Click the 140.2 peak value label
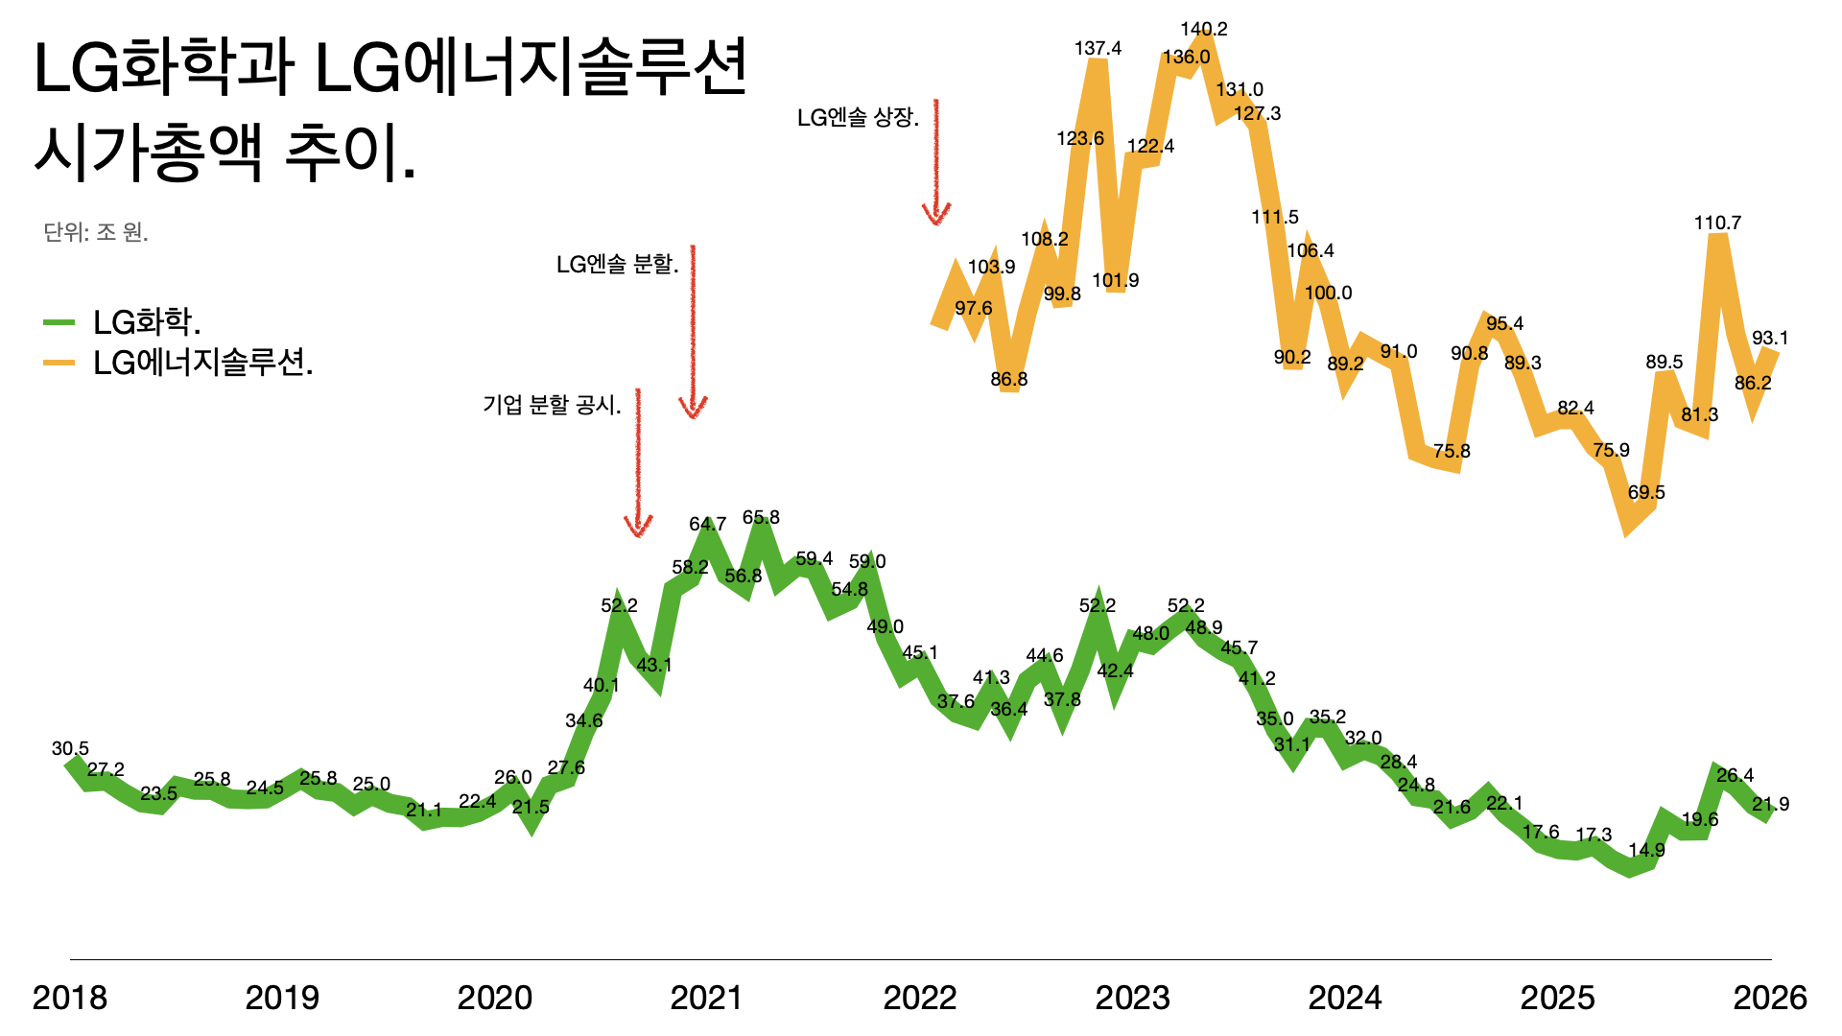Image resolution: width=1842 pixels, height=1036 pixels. (x=1204, y=30)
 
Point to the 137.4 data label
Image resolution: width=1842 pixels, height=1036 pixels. (x=1098, y=49)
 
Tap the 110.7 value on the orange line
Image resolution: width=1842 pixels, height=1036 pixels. (x=1717, y=224)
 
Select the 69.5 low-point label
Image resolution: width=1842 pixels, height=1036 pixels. (x=1646, y=493)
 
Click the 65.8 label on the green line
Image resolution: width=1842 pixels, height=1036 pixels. (x=761, y=518)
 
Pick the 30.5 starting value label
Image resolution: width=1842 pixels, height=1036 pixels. (x=70, y=749)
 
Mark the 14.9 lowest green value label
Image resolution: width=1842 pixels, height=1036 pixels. (x=1646, y=851)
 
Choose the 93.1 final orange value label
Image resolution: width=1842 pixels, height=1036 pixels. (x=1770, y=339)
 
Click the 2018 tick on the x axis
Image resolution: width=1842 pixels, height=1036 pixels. (x=70, y=999)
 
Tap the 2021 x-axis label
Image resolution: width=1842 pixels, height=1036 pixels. (x=707, y=999)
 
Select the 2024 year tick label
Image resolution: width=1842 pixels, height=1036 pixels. (x=1345, y=999)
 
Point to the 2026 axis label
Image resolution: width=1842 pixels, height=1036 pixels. (x=1770, y=999)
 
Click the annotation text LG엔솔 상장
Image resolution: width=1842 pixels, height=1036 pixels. (x=858, y=118)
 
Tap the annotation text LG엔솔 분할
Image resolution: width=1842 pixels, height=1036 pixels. (x=617, y=265)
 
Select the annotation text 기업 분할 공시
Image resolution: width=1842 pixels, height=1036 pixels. (x=552, y=406)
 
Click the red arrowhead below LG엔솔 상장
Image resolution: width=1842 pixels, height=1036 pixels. (x=936, y=215)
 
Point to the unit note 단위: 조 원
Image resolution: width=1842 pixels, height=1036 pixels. (x=96, y=233)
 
